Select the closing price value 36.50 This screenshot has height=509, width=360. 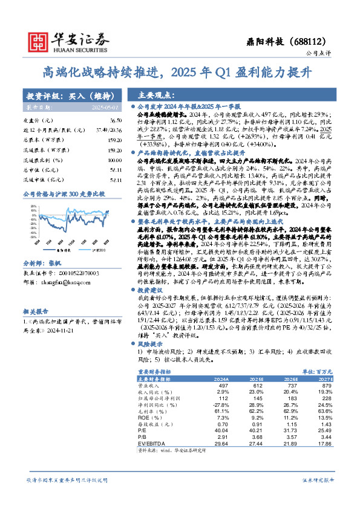click(116, 121)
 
